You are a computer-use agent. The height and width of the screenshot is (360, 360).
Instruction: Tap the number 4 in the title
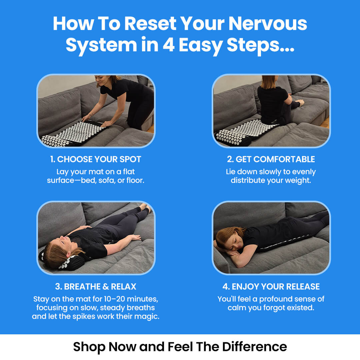click(x=169, y=45)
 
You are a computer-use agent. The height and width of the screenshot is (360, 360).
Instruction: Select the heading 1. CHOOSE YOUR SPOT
click(x=96, y=159)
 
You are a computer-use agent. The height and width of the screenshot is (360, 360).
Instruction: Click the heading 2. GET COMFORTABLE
click(x=271, y=159)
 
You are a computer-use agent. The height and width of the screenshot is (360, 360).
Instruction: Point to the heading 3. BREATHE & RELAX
click(x=96, y=287)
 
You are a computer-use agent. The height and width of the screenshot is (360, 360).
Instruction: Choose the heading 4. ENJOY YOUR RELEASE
click(x=271, y=287)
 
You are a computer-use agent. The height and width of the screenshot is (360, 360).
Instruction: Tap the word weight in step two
click(x=300, y=181)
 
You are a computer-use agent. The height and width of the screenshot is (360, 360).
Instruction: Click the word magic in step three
click(x=148, y=316)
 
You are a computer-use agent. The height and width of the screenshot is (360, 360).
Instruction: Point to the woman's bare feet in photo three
click(x=146, y=207)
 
